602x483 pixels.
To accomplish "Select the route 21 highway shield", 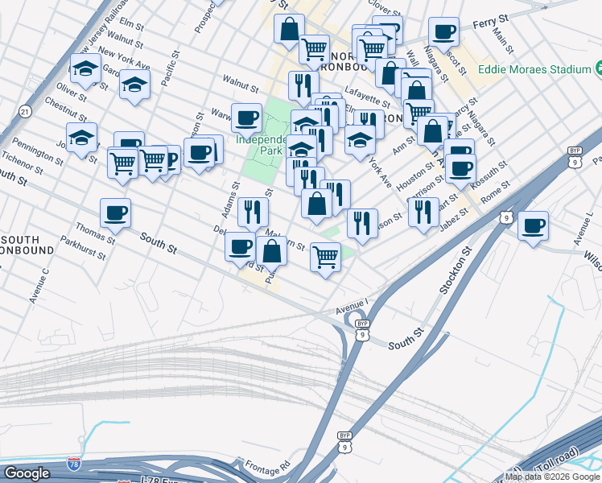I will pos(26,110).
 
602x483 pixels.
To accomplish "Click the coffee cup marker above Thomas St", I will pos(116,213).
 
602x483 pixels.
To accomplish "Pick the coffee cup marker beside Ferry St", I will pos(443,31).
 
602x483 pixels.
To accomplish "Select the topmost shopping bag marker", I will pos(288,29).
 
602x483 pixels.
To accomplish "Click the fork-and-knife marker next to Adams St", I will pos(253,211).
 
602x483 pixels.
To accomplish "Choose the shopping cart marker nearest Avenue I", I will pos(325,257).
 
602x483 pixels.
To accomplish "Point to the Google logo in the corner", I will pos(27,473).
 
